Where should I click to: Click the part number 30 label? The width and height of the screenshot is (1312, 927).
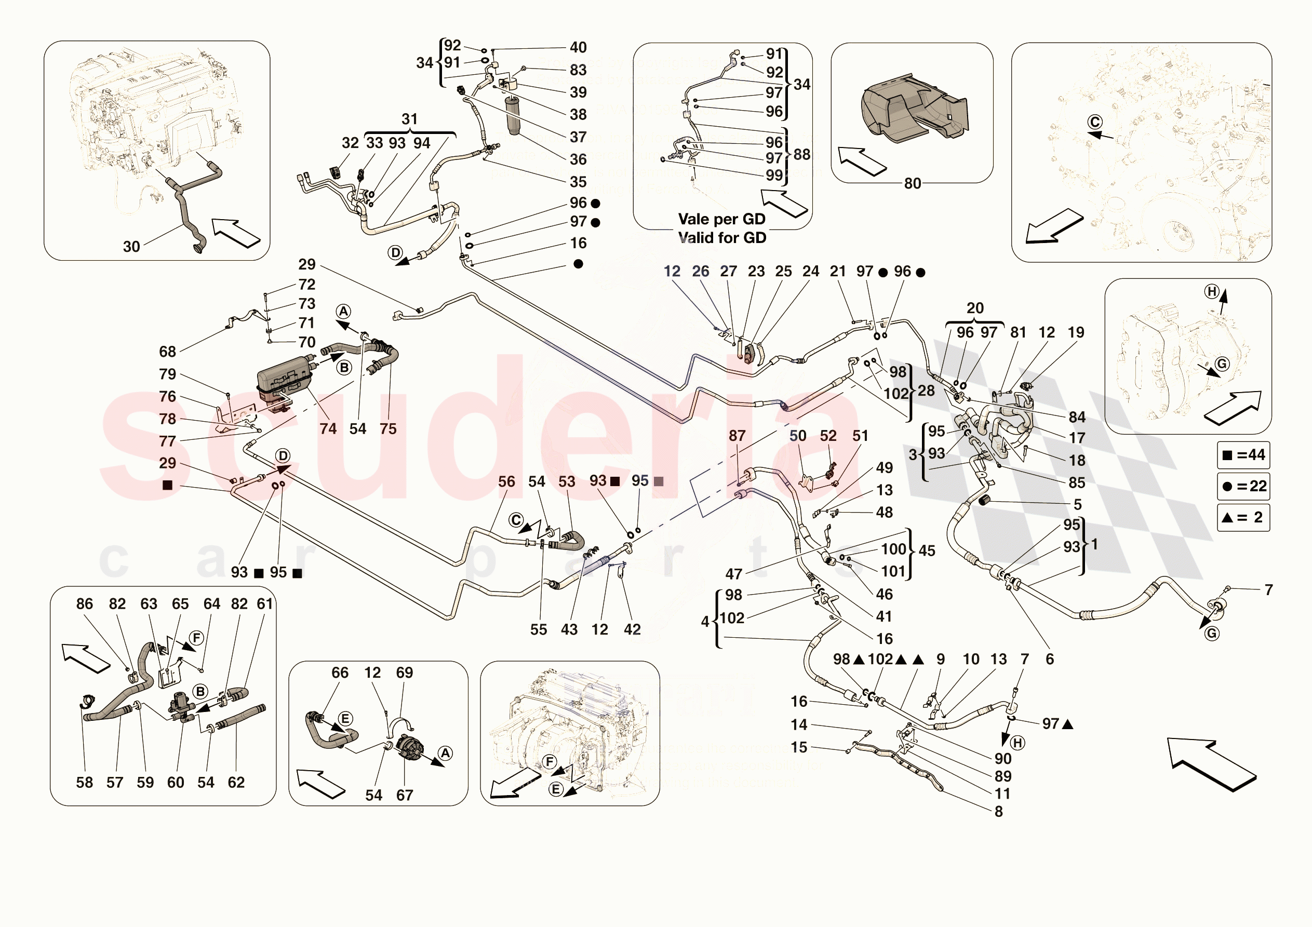click(131, 247)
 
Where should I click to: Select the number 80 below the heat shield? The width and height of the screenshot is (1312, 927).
click(912, 183)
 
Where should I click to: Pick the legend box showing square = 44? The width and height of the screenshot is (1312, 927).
click(1243, 455)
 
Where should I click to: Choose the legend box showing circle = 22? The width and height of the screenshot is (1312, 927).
click(1243, 487)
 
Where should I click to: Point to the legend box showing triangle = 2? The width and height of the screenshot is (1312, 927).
click(1243, 517)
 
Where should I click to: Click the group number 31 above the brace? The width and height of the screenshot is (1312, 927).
click(409, 119)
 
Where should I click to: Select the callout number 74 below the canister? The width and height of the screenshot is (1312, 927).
click(328, 428)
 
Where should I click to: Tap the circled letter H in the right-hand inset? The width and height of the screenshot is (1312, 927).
click(1211, 291)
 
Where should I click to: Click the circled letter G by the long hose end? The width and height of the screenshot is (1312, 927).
click(1211, 633)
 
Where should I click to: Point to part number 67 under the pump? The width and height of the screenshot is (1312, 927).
click(405, 795)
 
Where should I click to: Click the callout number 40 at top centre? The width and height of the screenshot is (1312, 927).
click(578, 47)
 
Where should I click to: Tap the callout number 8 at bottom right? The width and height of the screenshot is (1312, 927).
click(999, 811)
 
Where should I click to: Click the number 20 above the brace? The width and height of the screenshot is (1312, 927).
click(975, 308)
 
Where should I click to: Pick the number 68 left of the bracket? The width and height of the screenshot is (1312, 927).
click(167, 352)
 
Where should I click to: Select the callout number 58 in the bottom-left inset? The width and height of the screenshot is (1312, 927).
click(85, 783)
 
